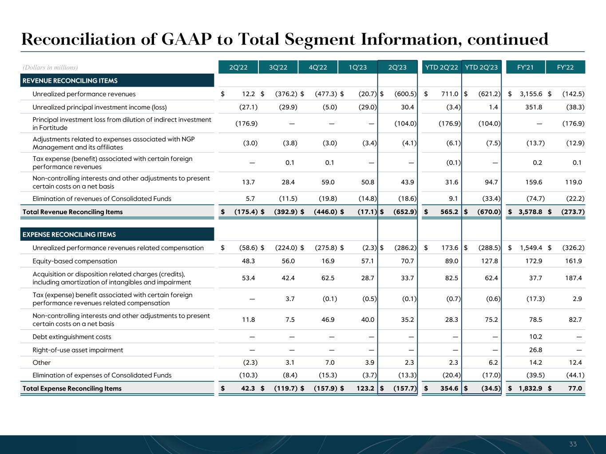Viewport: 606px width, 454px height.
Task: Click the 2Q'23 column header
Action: click(x=397, y=67)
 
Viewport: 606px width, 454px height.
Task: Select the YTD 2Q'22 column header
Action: click(x=441, y=67)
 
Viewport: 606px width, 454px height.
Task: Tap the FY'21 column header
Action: click(x=525, y=67)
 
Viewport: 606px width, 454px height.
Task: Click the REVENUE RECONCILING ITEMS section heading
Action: click(x=70, y=81)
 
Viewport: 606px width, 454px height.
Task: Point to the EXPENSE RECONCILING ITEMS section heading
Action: click(x=69, y=235)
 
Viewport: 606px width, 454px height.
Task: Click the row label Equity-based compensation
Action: click(x=75, y=261)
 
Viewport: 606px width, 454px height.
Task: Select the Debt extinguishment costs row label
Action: click(x=72, y=337)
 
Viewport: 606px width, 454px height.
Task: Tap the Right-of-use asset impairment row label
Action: click(x=78, y=350)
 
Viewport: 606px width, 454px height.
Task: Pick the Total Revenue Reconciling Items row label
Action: click(x=72, y=212)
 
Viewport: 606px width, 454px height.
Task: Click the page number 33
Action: click(x=573, y=444)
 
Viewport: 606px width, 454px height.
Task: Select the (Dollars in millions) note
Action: click(x=50, y=67)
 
